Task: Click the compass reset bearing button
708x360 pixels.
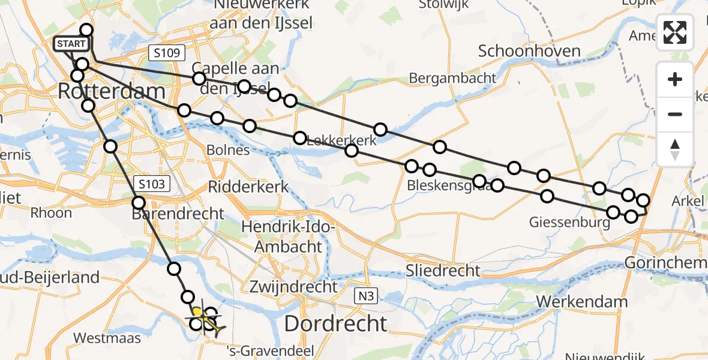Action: [675, 149]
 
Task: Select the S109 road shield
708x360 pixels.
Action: [166, 53]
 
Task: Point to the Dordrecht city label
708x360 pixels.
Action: [335, 323]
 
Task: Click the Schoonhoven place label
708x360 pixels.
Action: [529, 51]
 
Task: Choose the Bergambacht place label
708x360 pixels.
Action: [452, 78]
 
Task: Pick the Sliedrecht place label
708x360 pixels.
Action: [443, 271]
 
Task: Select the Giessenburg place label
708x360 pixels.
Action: [569, 223]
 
